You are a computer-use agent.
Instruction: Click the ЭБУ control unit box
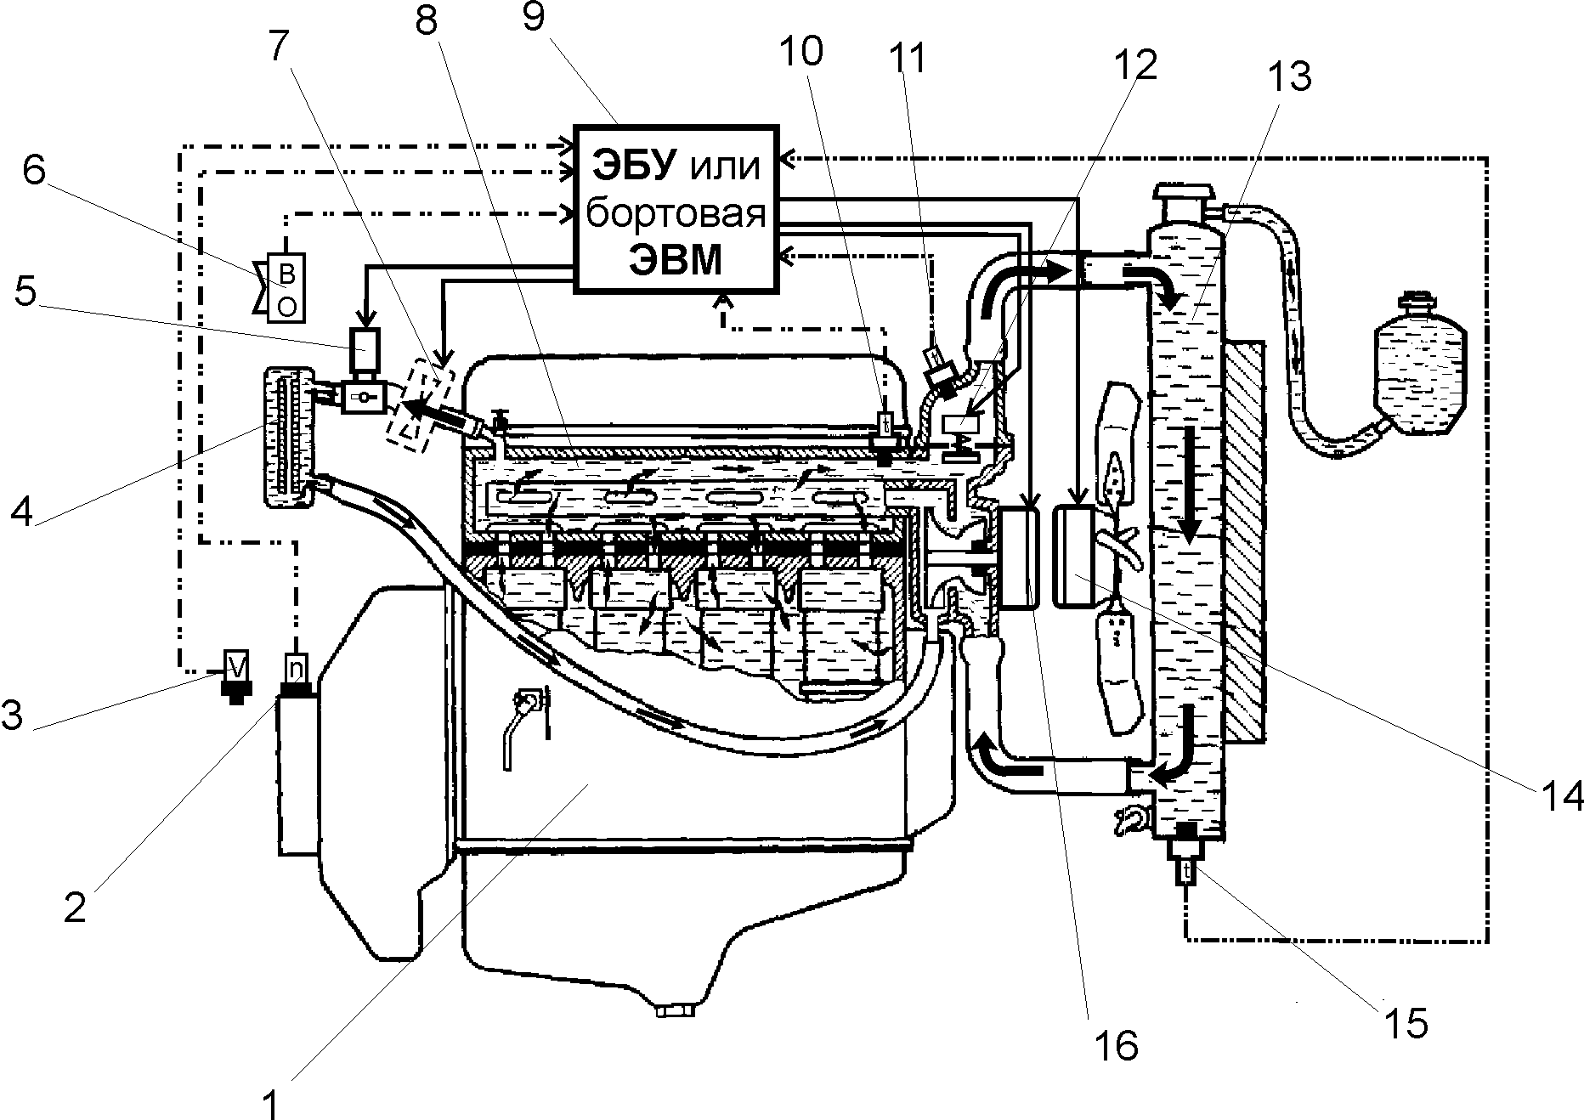tap(676, 209)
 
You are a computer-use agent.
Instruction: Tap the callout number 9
tap(533, 17)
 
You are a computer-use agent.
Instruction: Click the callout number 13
tap(1291, 77)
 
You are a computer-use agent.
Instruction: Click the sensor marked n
tap(297, 671)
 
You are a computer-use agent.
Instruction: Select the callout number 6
tap(34, 171)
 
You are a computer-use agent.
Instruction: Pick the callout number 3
tap(12, 716)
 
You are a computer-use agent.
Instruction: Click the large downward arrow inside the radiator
tap(1188, 485)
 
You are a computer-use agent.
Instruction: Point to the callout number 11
tap(907, 59)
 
